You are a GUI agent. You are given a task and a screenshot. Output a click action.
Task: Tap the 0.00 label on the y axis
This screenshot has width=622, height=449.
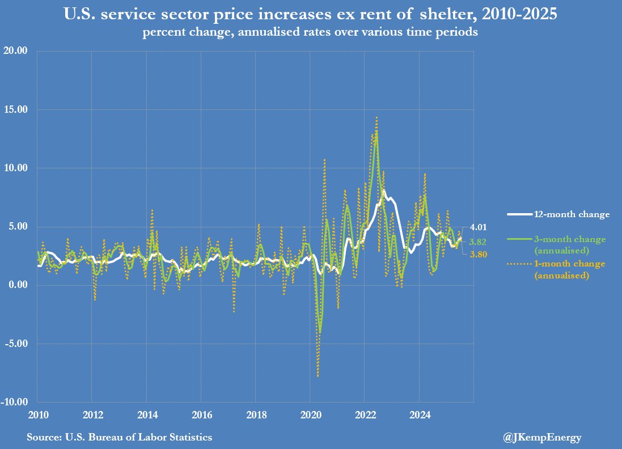(18, 285)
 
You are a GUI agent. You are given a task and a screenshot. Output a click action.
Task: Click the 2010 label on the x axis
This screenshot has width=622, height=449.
(37, 413)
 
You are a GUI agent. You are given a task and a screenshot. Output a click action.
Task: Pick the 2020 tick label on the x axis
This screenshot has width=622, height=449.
(310, 413)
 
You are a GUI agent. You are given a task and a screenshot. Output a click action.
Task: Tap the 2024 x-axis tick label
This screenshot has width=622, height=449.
(418, 413)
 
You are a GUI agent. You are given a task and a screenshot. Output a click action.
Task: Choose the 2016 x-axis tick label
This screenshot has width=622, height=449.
(201, 413)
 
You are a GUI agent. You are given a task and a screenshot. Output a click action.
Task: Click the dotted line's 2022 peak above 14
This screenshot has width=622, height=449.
(376, 117)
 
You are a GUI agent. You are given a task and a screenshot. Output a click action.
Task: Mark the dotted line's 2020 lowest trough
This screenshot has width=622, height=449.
(318, 376)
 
